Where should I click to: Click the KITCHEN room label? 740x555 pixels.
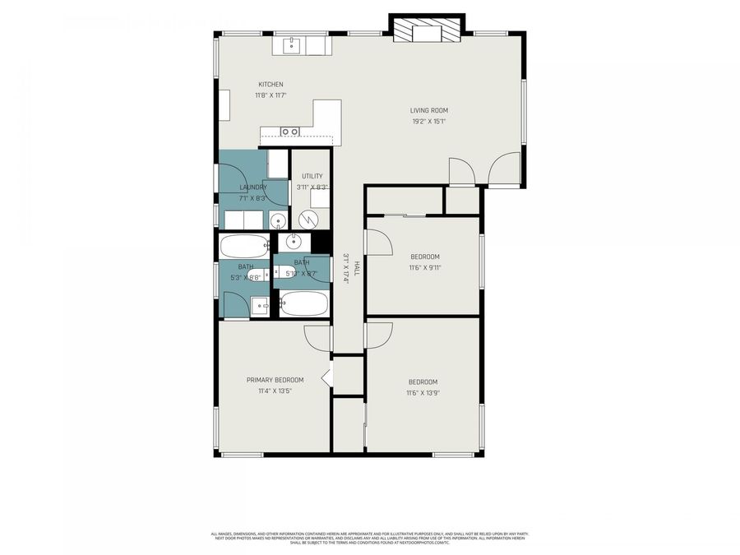[271, 85]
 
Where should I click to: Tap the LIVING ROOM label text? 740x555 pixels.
[429, 110]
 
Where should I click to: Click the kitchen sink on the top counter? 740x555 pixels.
[291, 44]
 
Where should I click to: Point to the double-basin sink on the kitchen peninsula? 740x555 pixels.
[289, 132]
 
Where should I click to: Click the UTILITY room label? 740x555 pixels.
[312, 176]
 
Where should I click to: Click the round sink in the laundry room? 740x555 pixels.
[278, 220]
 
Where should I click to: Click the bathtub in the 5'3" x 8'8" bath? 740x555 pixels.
[245, 246]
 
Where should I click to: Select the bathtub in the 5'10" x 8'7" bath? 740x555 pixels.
[303, 304]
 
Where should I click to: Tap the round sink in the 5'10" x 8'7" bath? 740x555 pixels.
[294, 242]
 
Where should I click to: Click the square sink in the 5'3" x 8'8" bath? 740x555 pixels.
[261, 305]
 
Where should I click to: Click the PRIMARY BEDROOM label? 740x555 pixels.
[275, 380]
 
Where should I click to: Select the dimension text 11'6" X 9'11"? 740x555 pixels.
[425, 267]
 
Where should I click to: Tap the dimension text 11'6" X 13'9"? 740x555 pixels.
[423, 393]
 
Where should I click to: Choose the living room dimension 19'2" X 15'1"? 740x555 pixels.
[429, 122]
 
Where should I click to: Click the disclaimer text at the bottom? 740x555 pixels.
[369, 538]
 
